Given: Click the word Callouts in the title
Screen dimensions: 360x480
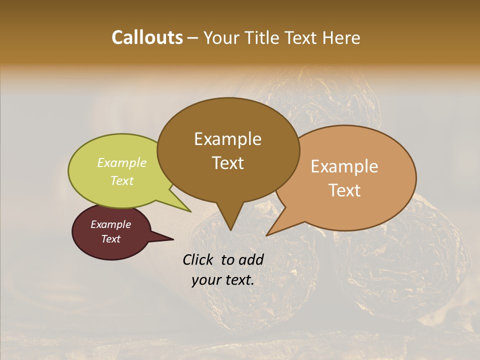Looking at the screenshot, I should pos(147,37).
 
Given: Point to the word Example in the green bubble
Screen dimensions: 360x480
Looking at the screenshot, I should pos(122,162).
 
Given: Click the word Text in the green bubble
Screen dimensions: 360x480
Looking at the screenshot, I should pos(122,180).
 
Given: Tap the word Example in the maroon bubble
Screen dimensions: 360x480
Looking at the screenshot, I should pos(111,224).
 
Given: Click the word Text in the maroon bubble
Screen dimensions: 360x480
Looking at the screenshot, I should pos(111,239).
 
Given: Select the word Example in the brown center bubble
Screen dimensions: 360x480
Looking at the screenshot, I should pos(227,138).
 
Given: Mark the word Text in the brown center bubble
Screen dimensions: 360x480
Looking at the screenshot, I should pos(227,162).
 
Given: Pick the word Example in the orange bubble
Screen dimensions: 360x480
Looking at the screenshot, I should pos(344,166).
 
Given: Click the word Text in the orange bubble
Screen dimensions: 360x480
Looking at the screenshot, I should pos(344,190).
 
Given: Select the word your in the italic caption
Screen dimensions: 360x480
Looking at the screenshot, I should pos(206,280).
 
